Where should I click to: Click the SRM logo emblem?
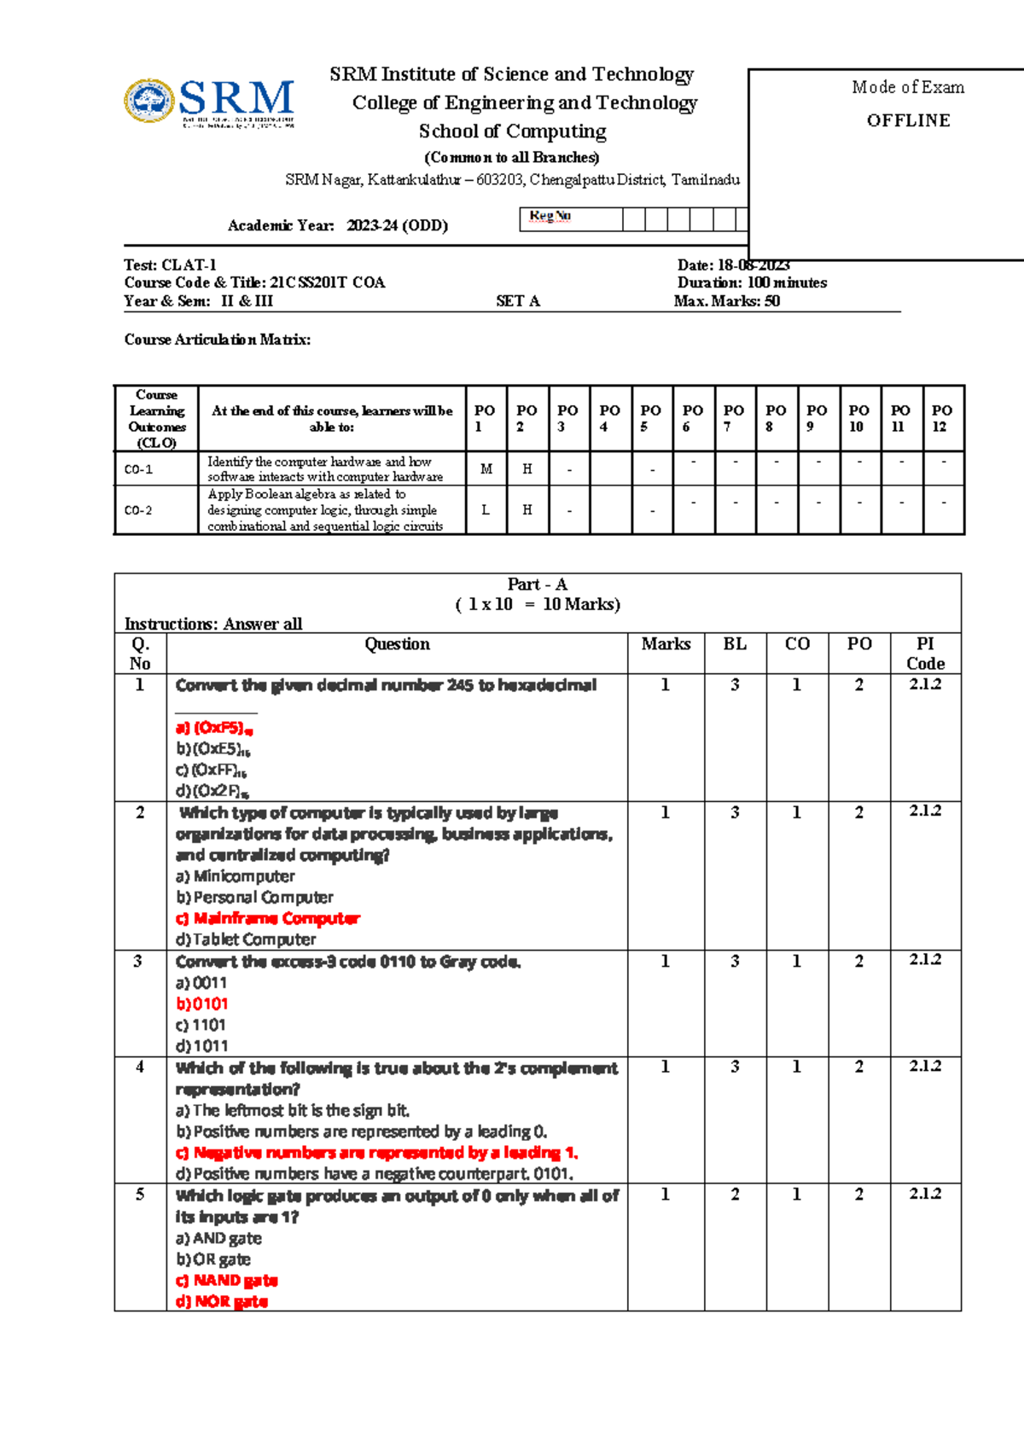148,102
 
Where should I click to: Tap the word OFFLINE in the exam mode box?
908,120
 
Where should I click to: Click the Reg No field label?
550,216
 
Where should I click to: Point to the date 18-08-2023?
753,265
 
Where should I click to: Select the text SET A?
517,301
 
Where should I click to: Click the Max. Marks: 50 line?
726,301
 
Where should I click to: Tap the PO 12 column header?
942,418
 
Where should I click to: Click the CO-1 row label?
138,469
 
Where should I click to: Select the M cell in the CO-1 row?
486,469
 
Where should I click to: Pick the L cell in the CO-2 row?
486,510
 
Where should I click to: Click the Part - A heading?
537,584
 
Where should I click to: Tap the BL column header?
735,644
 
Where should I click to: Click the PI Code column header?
925,654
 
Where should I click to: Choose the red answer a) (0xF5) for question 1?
213,728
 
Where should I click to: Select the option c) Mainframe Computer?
268,919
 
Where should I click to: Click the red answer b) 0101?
202,1004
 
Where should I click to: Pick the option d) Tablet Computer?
246,939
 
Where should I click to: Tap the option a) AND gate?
218,1238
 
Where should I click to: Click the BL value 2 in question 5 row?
735,1195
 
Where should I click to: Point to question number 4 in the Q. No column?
140,1067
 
